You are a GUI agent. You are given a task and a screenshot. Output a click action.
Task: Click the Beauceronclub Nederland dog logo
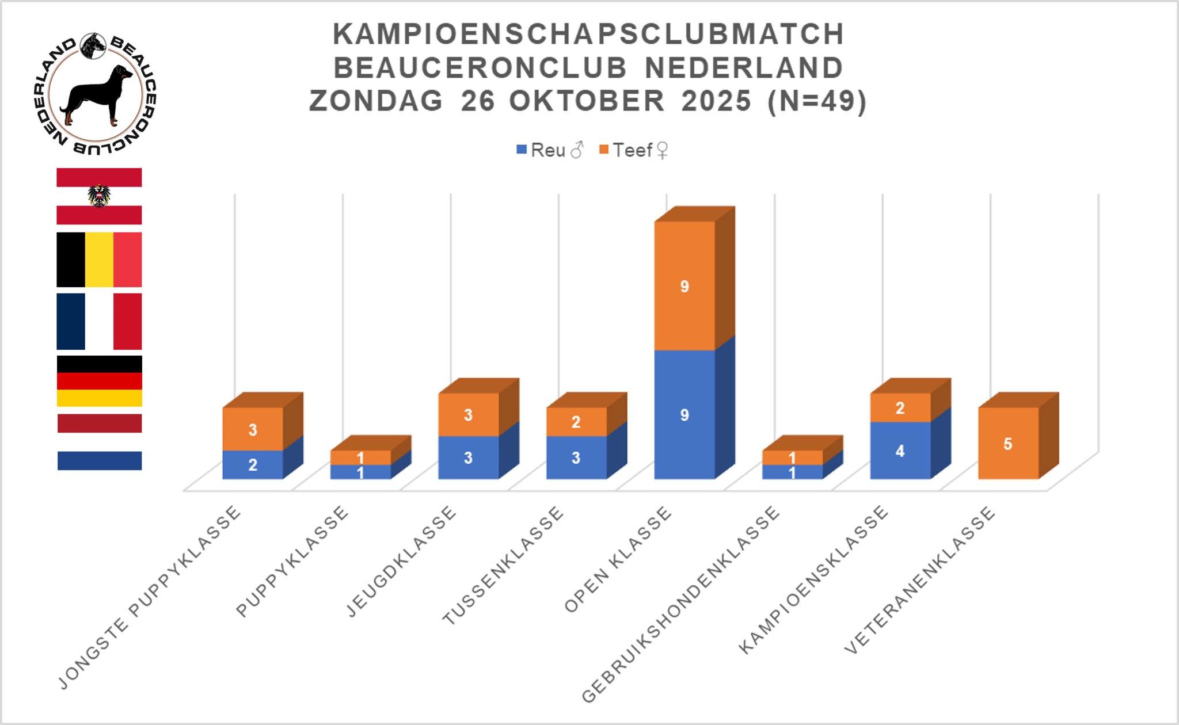(x=94, y=93)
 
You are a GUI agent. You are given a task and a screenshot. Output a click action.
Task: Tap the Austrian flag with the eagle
(x=99, y=196)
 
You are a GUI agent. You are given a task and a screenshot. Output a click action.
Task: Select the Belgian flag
(x=99, y=260)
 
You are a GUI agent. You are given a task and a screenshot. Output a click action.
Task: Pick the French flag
(x=99, y=321)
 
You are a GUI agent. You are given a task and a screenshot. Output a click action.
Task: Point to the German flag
(x=99, y=381)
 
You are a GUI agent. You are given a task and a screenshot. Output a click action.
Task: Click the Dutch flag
(x=99, y=442)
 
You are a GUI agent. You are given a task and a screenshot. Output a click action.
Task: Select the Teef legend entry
(x=633, y=150)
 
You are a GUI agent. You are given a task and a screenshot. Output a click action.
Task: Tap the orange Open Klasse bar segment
(x=684, y=286)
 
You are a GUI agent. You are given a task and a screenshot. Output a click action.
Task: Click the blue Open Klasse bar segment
(x=684, y=415)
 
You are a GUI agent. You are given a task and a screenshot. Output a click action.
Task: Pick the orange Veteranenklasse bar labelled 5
(x=1008, y=444)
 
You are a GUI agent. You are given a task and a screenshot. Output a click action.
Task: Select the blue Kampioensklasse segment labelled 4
(x=900, y=451)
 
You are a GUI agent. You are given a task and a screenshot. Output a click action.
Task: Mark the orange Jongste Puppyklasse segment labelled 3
(x=253, y=429)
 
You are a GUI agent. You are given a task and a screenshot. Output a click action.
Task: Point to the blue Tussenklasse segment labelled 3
(x=576, y=457)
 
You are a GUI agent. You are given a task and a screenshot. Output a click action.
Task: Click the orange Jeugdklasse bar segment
(x=468, y=415)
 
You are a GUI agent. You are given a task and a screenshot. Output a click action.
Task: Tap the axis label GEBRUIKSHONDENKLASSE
(x=681, y=604)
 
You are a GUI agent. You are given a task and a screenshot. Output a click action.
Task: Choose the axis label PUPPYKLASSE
(x=292, y=562)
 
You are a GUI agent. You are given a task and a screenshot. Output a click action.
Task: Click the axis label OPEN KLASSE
(x=618, y=559)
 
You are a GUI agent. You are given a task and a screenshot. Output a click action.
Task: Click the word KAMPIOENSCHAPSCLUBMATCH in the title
(x=588, y=34)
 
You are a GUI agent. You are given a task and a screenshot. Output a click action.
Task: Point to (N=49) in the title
(x=817, y=101)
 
